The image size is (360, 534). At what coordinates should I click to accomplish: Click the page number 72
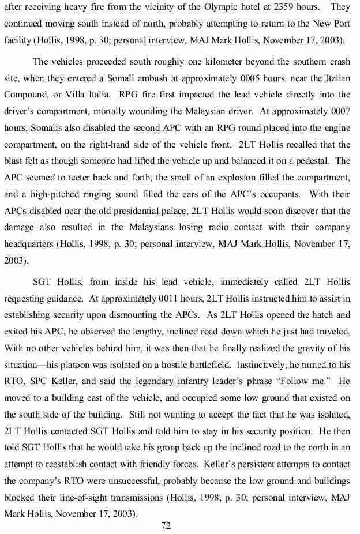coord(167,525)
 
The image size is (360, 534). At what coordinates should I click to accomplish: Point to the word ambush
coord(164,78)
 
